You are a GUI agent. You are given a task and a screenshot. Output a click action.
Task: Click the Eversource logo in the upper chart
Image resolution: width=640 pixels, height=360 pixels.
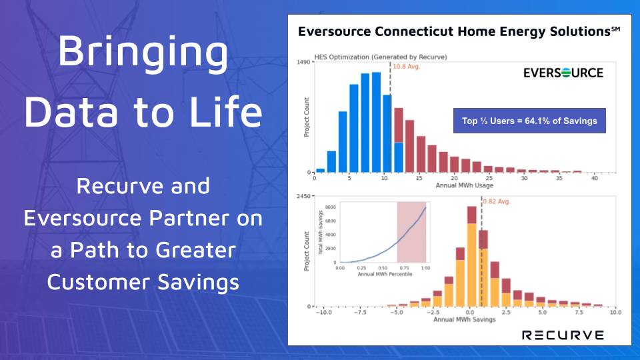pos(563,73)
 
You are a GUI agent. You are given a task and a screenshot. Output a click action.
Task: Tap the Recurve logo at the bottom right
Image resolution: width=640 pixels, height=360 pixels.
pos(563,335)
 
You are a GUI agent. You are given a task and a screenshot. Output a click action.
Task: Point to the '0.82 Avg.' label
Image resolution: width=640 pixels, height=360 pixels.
pos(497,200)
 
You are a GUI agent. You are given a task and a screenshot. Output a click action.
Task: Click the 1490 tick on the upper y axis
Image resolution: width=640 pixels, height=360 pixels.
pos(304,62)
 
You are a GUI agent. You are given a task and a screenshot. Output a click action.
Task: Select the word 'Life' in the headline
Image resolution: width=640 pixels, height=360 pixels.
pos(225,111)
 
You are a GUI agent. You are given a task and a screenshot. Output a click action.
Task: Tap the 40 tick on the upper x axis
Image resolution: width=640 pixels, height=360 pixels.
pos(594,178)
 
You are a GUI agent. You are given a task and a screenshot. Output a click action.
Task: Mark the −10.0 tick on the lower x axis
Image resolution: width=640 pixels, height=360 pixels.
pos(324,312)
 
